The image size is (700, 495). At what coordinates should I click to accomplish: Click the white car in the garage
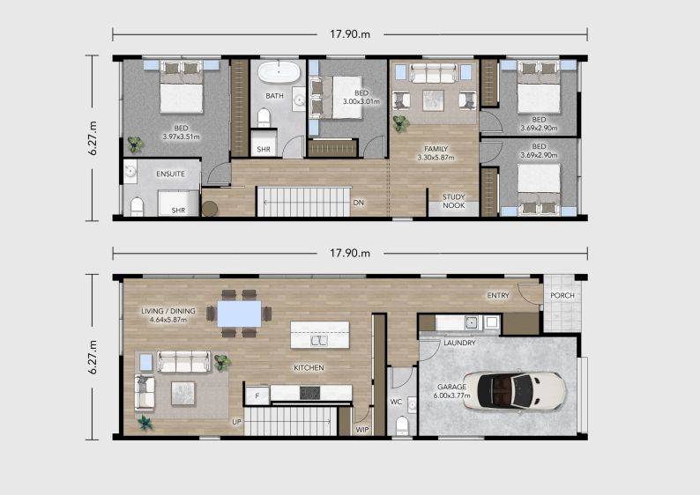(514, 392)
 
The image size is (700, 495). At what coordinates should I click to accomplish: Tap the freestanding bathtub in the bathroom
(279, 72)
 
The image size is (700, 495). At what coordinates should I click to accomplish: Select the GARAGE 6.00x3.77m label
(451, 391)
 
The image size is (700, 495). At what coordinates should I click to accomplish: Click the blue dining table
(239, 314)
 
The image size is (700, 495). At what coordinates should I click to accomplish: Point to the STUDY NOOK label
(453, 201)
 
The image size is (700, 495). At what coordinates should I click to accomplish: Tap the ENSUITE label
(170, 174)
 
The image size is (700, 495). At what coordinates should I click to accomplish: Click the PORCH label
(562, 295)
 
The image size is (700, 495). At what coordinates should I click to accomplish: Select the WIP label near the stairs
(362, 430)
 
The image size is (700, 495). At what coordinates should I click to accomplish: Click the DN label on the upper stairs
(359, 203)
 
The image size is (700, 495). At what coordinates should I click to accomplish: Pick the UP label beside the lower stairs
(236, 421)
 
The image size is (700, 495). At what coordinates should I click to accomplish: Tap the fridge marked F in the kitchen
(257, 395)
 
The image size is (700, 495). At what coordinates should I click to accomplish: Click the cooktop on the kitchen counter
(309, 393)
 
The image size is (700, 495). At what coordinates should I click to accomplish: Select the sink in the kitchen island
(319, 341)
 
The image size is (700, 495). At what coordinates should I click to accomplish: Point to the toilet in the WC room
(402, 426)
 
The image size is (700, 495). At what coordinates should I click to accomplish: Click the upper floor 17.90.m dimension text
(350, 34)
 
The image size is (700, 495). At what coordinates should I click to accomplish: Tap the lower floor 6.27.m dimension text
(93, 357)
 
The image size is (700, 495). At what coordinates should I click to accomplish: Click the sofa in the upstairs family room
(433, 73)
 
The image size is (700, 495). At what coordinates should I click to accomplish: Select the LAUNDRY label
(459, 343)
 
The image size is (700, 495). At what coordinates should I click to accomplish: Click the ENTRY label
(498, 295)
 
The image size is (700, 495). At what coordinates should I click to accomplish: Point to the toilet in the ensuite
(137, 207)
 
